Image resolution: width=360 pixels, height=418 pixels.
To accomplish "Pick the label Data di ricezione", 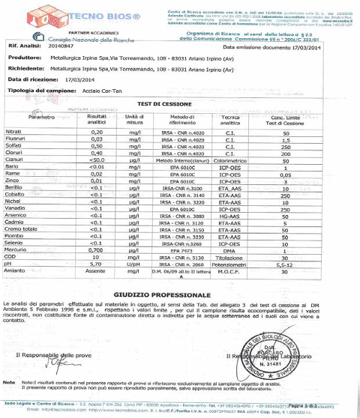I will point(31,77).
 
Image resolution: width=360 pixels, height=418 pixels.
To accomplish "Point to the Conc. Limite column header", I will point(286,118).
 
